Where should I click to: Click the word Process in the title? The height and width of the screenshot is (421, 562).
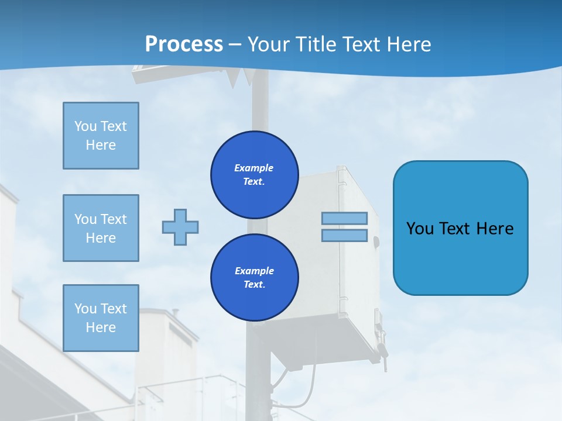[184, 44]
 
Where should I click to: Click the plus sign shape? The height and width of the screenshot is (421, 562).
[180, 227]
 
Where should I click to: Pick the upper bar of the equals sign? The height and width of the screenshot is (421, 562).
[344, 218]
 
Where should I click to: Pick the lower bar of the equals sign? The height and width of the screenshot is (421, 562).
[344, 236]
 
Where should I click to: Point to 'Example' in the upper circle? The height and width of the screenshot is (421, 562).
[254, 168]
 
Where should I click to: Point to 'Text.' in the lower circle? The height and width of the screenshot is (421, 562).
[254, 285]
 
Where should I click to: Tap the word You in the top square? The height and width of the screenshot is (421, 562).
[85, 126]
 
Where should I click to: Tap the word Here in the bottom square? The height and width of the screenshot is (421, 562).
[101, 327]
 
